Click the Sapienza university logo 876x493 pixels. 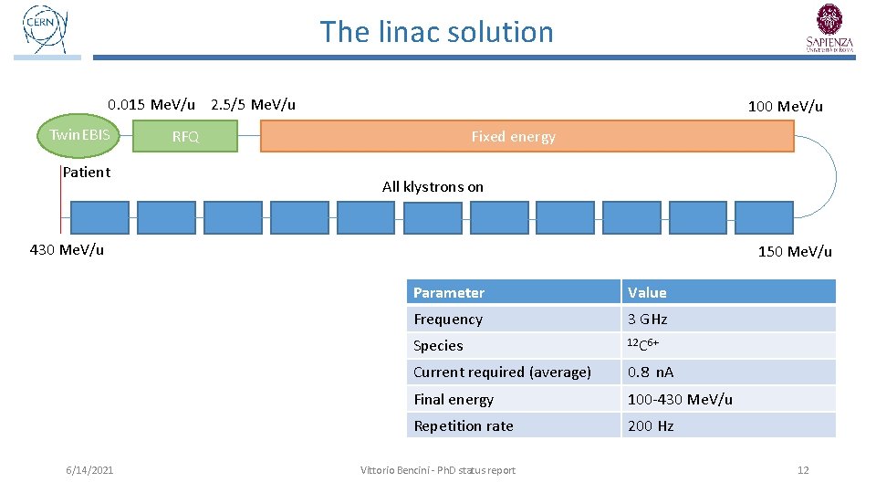click(x=829, y=28)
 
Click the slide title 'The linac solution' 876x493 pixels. click(x=436, y=32)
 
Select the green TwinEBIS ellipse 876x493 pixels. click(x=79, y=136)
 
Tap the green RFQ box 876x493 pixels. click(x=185, y=137)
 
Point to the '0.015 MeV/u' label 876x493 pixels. click(x=151, y=104)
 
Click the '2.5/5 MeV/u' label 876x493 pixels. click(x=253, y=104)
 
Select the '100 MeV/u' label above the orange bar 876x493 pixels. click(x=785, y=107)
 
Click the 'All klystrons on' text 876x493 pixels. click(x=433, y=186)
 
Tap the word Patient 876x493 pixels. click(x=87, y=172)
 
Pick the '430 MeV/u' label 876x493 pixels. click(x=67, y=249)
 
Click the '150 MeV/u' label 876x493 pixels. click(x=795, y=251)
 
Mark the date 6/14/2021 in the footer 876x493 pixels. click(x=89, y=470)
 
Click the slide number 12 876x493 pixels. click(x=803, y=470)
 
